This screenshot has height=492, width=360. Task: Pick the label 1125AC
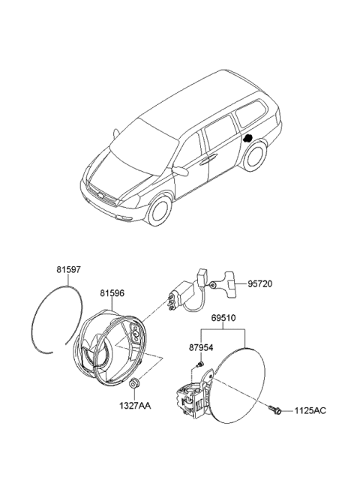[310, 411]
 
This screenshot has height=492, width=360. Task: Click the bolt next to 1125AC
[274, 409]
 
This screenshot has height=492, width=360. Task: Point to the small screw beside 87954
[199, 364]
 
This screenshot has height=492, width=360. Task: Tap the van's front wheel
[158, 208]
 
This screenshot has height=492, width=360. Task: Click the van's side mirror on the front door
[180, 170]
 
